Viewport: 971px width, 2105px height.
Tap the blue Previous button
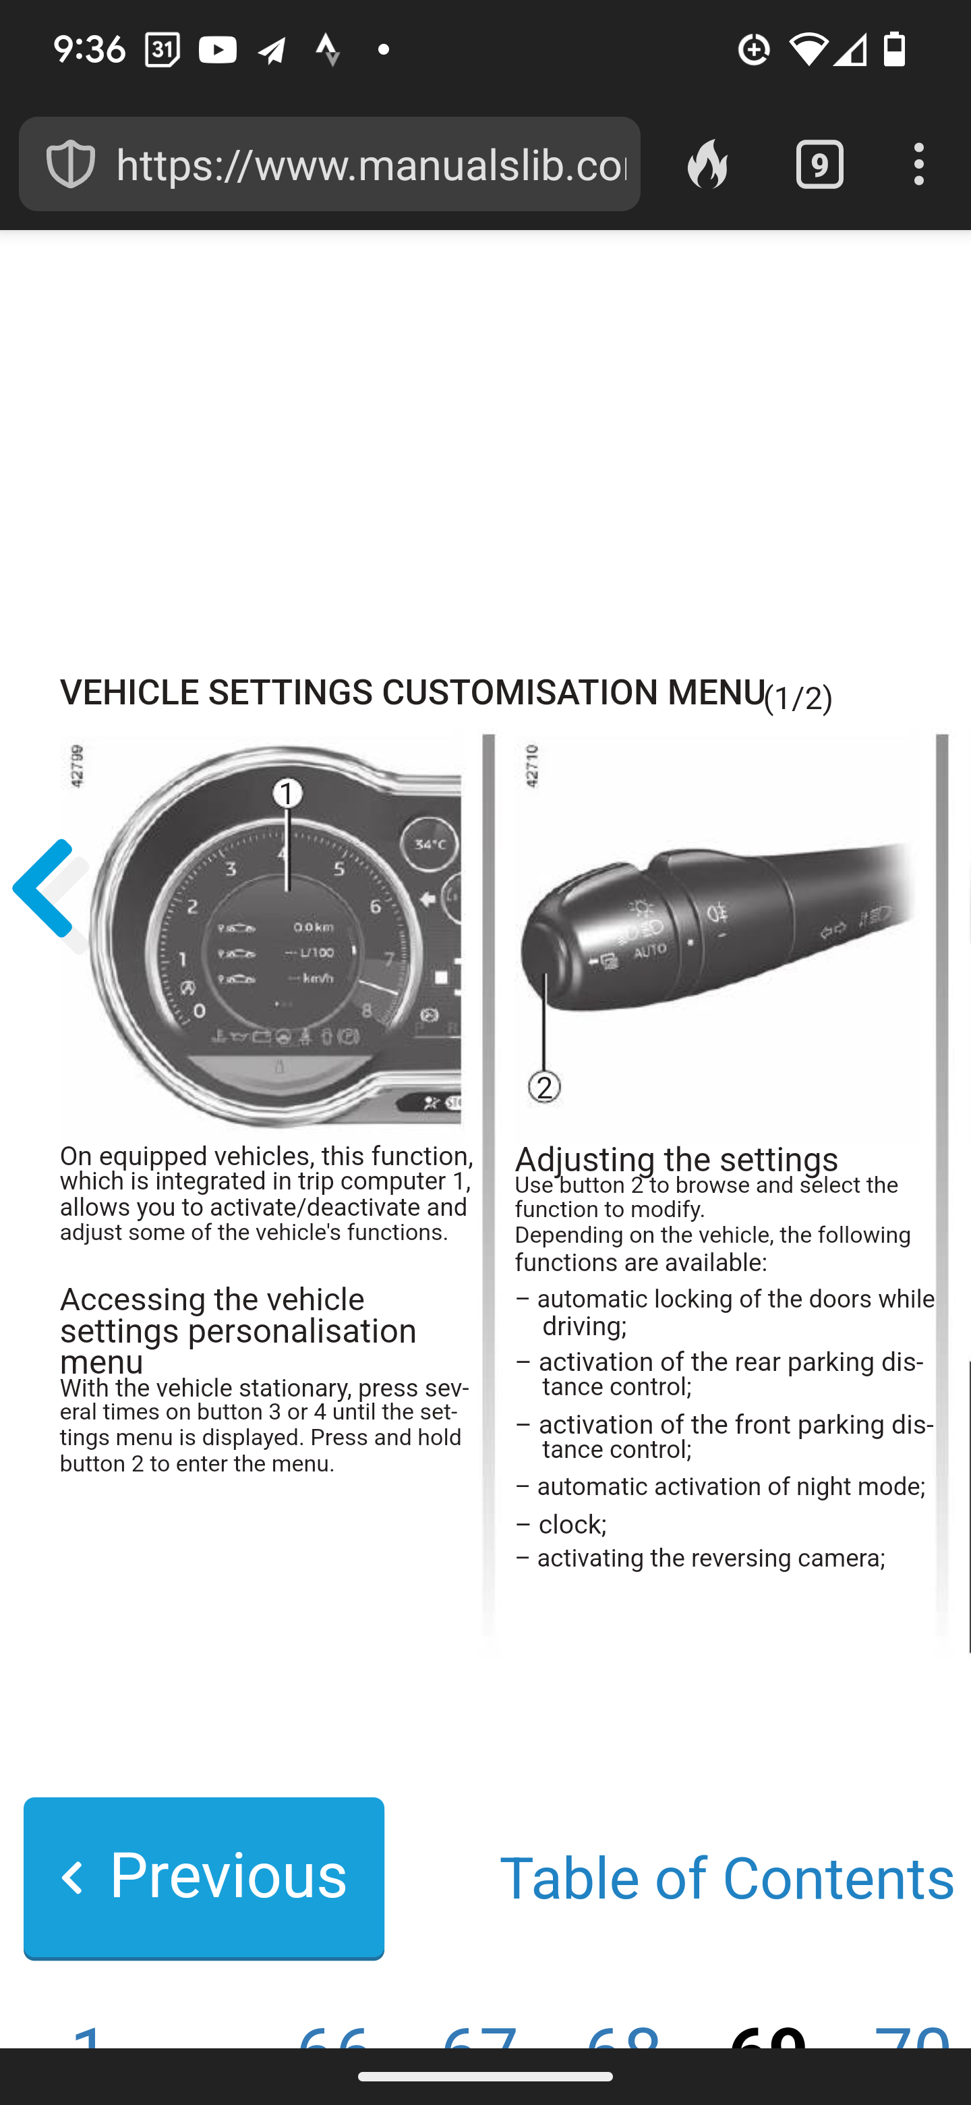pos(204,1876)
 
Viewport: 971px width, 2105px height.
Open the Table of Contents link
pos(726,1878)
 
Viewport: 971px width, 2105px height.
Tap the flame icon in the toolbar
pos(707,164)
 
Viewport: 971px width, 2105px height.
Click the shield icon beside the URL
pos(70,164)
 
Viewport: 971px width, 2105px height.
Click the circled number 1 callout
pos(287,793)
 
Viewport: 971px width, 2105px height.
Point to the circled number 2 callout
pos(545,1088)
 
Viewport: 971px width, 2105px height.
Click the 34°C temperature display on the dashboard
pos(430,844)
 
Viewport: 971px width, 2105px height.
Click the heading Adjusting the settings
pos(676,1158)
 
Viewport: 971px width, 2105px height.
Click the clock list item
pos(572,1525)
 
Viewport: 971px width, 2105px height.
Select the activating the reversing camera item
pos(711,1559)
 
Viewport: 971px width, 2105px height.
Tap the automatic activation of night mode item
pos(731,1487)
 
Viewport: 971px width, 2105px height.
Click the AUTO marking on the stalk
pos(650,951)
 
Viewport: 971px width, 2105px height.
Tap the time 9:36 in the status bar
pos(89,51)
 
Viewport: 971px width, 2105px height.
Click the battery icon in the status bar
pos(895,50)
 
